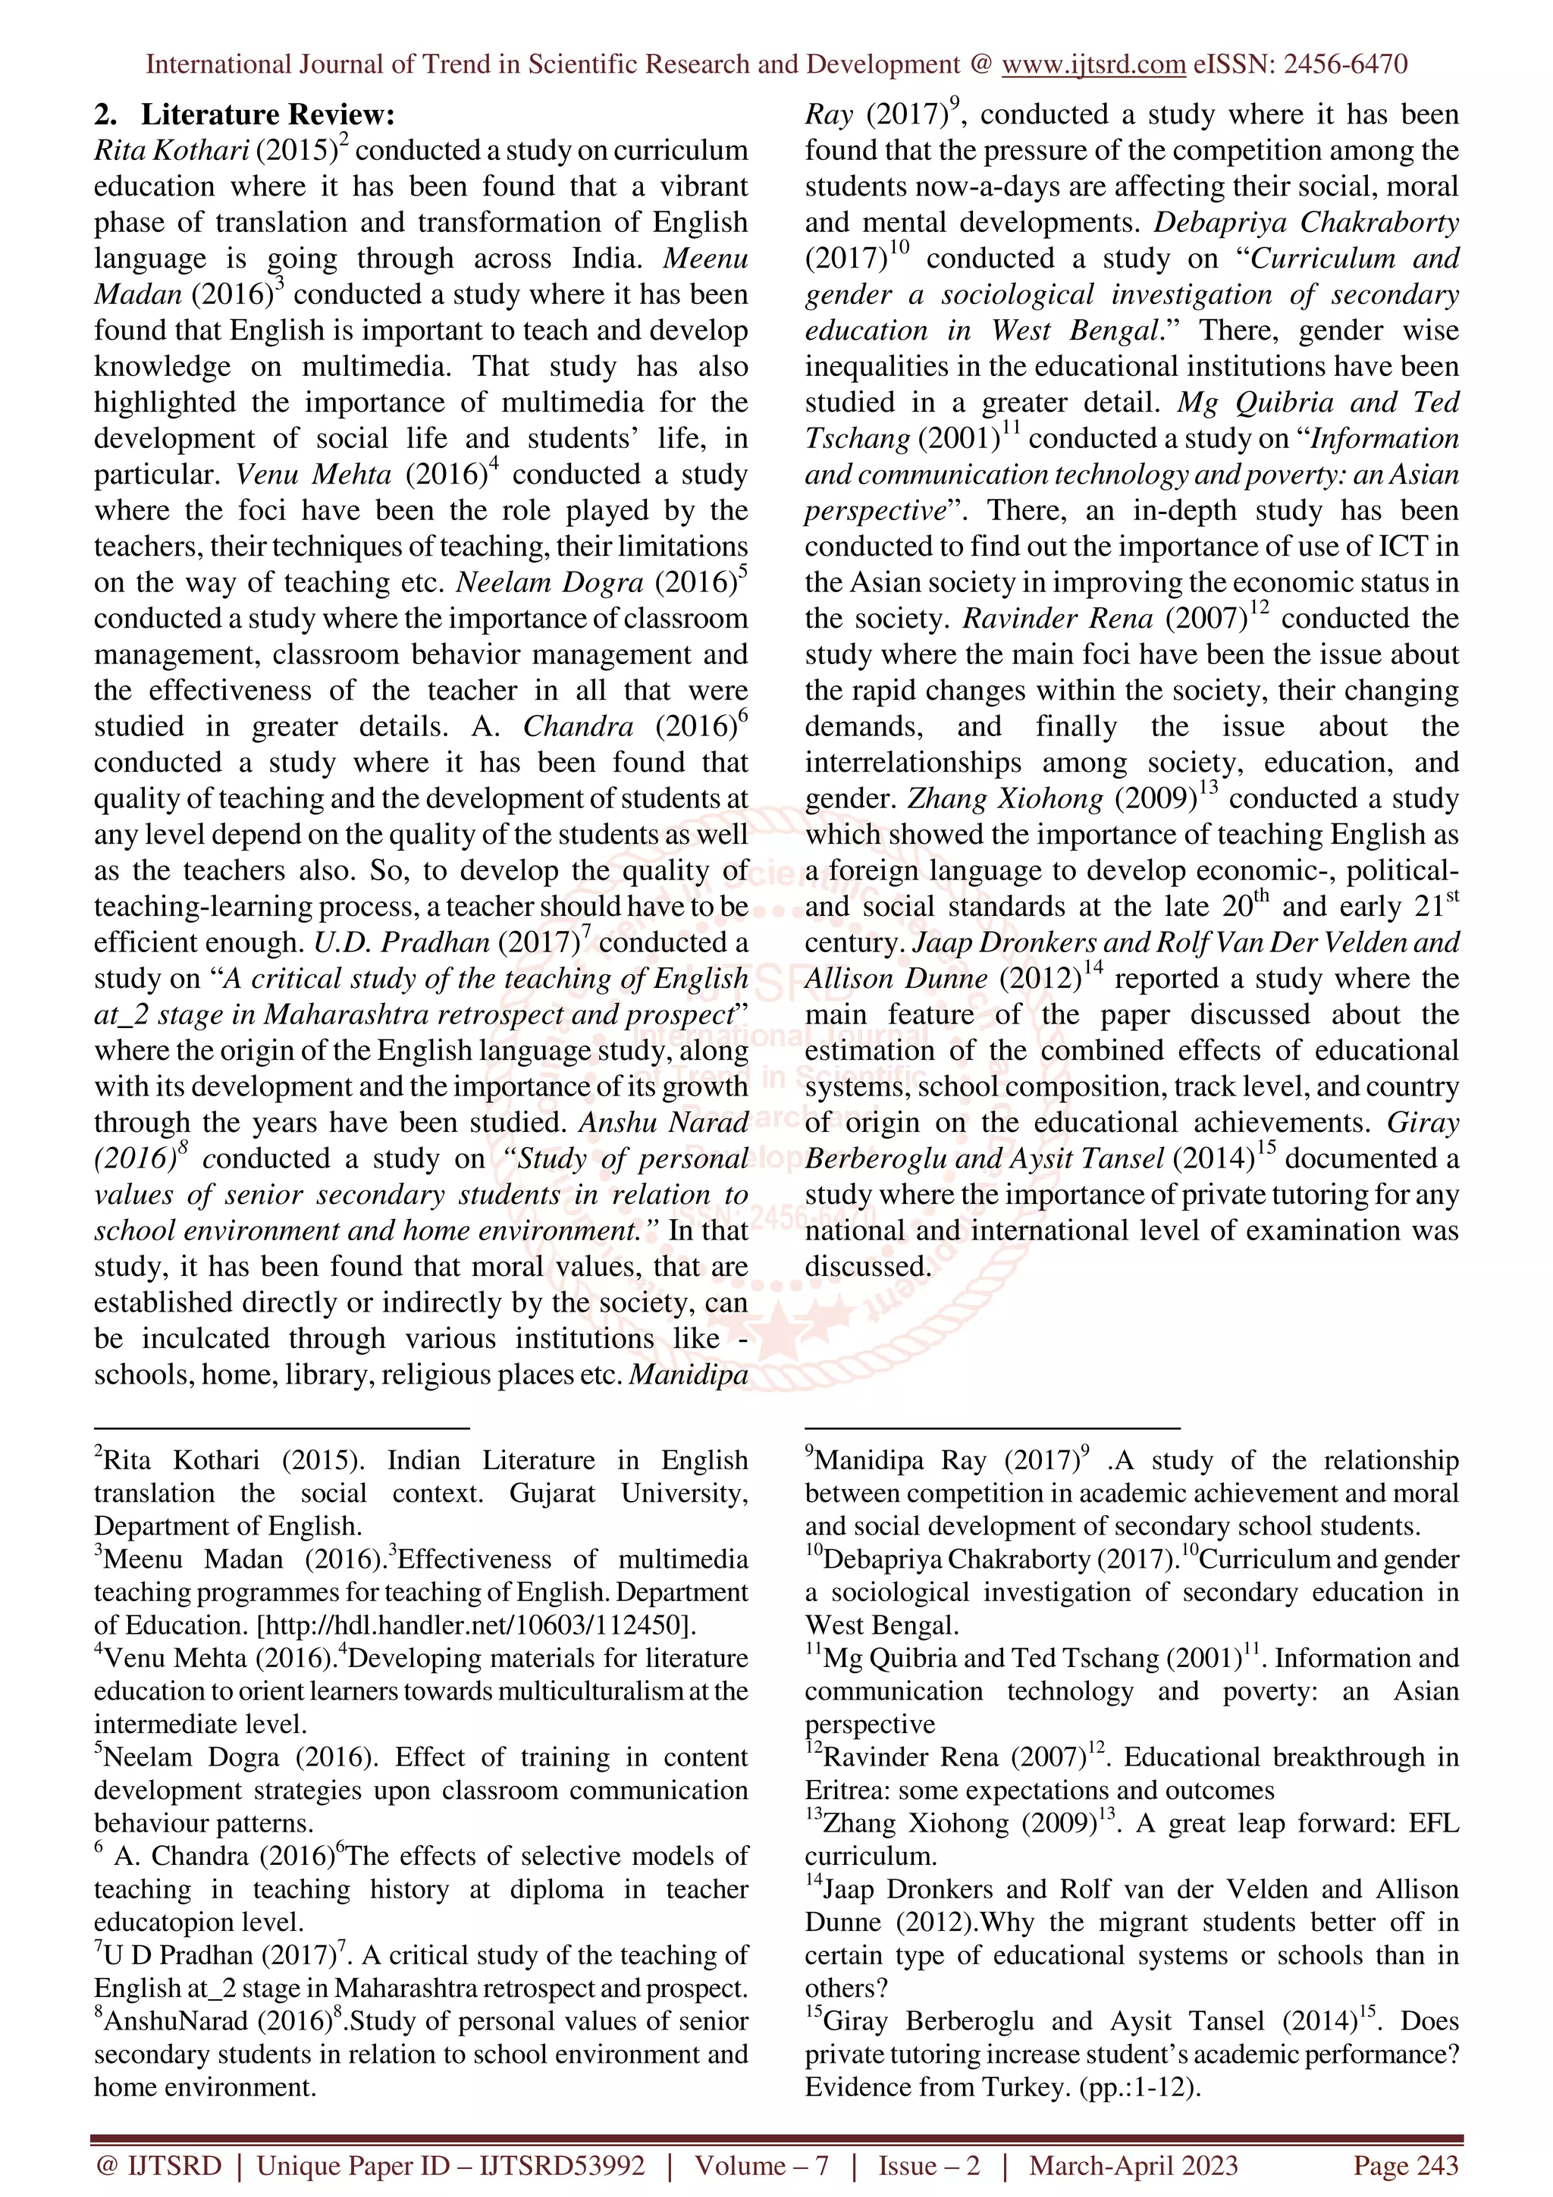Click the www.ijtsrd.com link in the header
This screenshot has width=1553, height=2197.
pyautogui.click(x=1093, y=64)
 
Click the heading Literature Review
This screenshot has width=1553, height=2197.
pyautogui.click(x=267, y=114)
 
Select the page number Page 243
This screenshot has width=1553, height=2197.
pyautogui.click(x=1404, y=2165)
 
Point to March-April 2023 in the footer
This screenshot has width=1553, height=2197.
pyautogui.click(x=1133, y=2165)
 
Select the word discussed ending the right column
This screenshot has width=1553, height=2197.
pyautogui.click(x=866, y=1267)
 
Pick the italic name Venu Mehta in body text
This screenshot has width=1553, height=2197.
pyautogui.click(x=314, y=475)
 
